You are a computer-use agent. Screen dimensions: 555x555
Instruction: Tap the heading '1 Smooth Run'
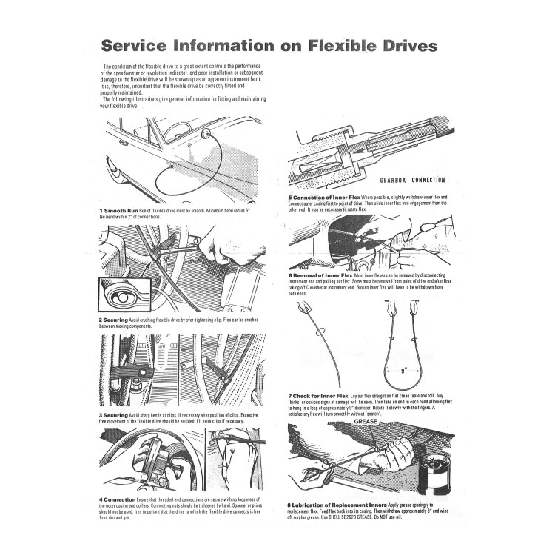tap(113, 211)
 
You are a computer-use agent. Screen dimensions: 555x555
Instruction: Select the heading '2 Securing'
tap(111, 320)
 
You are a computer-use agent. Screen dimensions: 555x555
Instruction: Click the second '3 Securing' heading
tap(111, 416)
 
